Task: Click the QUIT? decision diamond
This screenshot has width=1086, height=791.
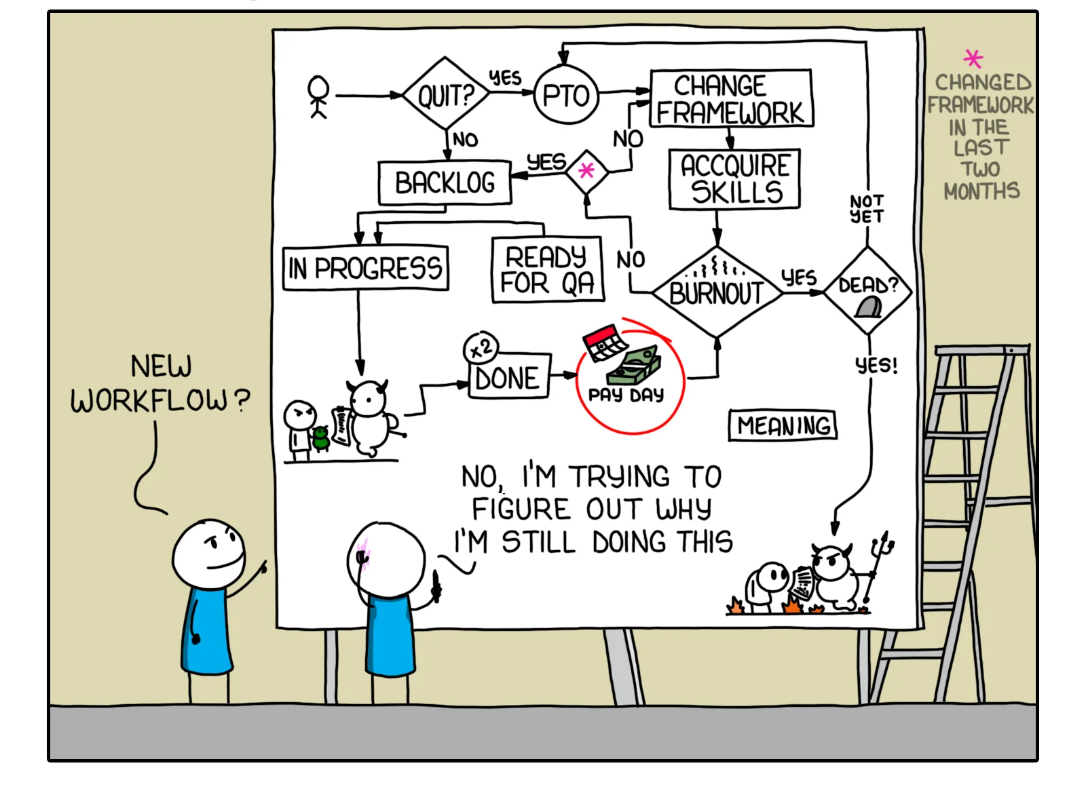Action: [x=445, y=94]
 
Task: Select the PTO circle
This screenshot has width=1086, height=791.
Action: [x=567, y=95]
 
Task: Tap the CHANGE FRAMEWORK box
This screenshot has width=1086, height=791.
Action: [x=730, y=98]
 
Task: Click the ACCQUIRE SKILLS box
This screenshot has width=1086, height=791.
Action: [x=734, y=179]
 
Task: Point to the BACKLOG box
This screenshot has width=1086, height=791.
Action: [x=445, y=182]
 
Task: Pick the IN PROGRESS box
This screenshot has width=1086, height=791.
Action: [x=365, y=269]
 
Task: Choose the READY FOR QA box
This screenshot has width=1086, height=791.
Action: [x=547, y=269]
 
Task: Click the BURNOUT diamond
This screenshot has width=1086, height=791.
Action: [x=717, y=292]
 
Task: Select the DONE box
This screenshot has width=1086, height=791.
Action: [x=508, y=377]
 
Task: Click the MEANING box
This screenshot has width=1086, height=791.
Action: [x=783, y=425]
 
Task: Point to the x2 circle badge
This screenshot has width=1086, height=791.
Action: [x=481, y=349]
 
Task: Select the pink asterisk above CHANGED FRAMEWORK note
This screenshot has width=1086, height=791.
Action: [x=973, y=58]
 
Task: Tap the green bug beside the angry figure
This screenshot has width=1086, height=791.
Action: [x=320, y=438]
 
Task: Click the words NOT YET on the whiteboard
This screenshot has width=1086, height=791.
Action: [x=867, y=209]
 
